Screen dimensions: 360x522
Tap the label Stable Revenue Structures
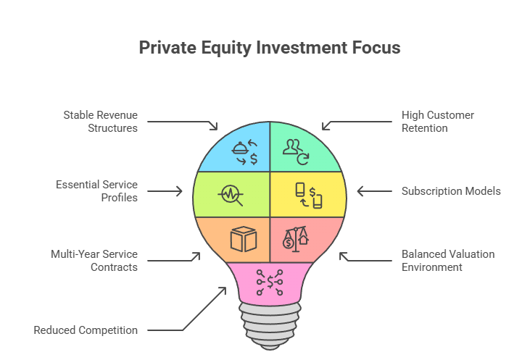pyautogui.click(x=100, y=122)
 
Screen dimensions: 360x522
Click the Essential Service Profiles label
pyautogui.click(x=96, y=191)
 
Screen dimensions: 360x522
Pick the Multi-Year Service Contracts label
pyautogui.click(x=94, y=261)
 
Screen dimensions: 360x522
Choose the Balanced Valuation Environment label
pyautogui.click(x=447, y=261)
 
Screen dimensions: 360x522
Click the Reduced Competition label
pyautogui.click(x=86, y=330)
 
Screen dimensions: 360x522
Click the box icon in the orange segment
pyautogui.click(x=244, y=240)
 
